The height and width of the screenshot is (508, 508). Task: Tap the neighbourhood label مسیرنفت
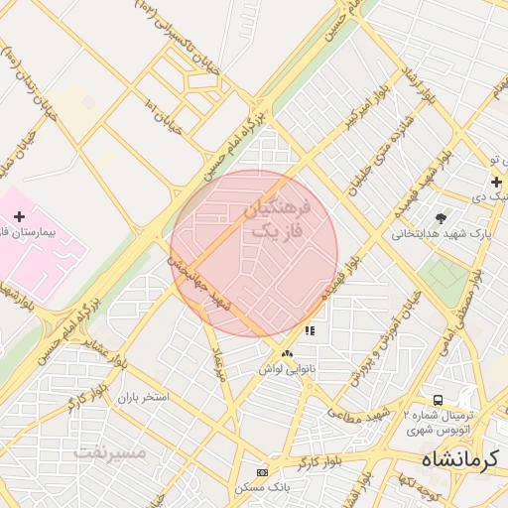click(110, 451)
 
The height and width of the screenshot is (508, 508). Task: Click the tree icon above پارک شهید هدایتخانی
click(441, 218)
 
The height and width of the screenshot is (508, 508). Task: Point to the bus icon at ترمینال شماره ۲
click(438, 399)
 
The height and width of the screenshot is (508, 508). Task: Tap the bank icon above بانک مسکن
click(262, 472)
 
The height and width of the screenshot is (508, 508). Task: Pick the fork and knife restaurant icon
click(310, 330)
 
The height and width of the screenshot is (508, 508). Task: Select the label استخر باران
click(143, 397)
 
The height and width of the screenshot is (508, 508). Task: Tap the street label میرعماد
click(219, 364)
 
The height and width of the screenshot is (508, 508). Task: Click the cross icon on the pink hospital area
click(19, 216)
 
